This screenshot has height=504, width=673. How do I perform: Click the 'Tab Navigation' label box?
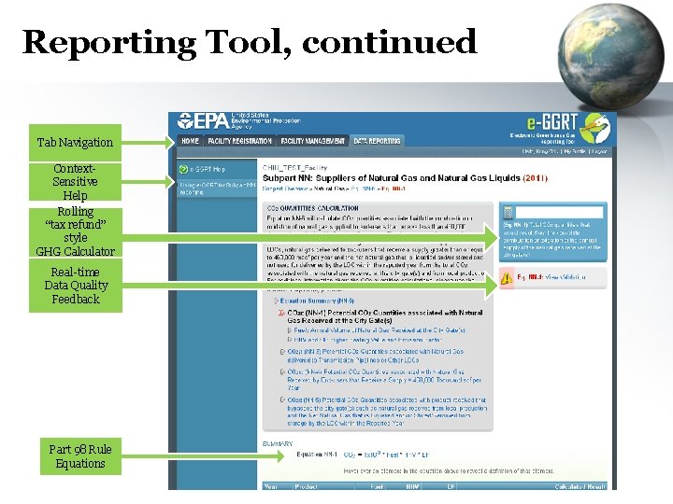point(75,143)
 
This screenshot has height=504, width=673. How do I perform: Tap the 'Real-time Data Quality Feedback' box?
point(76,286)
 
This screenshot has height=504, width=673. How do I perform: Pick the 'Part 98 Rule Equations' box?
point(79,456)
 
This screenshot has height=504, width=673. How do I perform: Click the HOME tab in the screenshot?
point(190,141)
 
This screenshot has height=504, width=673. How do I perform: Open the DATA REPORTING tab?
point(377,141)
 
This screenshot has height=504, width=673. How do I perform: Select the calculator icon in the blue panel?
point(508,213)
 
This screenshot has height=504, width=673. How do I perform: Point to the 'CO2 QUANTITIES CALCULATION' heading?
point(312,208)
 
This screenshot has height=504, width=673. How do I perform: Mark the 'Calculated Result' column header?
point(580,486)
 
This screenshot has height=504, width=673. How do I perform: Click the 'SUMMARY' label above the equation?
point(278,442)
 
